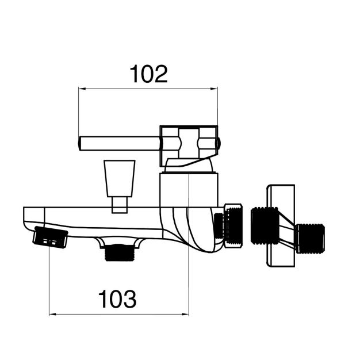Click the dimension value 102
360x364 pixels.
point(148,74)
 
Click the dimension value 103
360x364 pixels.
point(117,299)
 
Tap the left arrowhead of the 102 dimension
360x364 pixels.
point(82,89)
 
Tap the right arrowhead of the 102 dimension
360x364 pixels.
point(214,89)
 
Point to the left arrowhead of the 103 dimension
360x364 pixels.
point(53,315)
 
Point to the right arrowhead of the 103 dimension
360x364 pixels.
point(185,315)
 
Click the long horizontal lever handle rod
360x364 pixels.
point(120,143)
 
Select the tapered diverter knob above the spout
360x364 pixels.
point(120,178)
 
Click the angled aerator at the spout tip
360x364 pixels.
point(51,237)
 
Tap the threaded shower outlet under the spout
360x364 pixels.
point(120,252)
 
